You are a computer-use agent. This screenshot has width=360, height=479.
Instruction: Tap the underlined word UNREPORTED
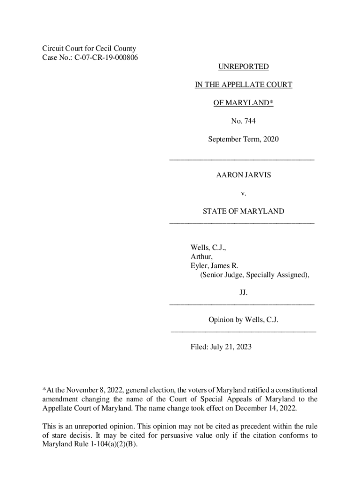pos(243,67)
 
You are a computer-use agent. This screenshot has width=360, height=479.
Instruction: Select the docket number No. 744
pos(243,121)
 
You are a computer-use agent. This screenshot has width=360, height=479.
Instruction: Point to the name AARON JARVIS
pos(243,175)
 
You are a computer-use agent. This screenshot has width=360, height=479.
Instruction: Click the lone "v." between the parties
pos(243,193)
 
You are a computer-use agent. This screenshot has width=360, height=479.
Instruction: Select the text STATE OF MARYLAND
pos(243,211)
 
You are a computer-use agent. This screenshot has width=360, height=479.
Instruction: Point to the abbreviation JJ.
pos(243,293)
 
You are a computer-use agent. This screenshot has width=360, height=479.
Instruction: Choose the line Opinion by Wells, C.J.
pos(243,320)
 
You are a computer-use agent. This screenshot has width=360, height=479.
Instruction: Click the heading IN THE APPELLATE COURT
pos(243,85)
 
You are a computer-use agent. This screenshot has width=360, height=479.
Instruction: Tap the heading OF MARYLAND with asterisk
pos(243,103)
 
